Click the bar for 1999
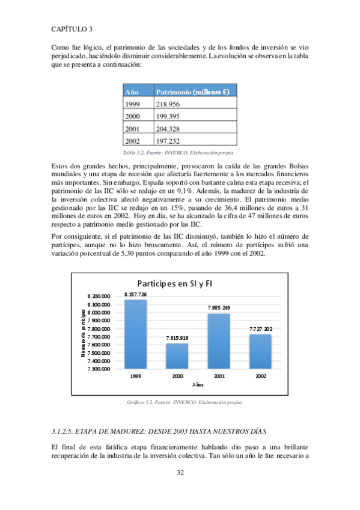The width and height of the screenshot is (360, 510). (135, 334)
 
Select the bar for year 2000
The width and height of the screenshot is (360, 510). (177, 356)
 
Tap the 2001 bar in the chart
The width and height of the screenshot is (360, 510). (219, 341)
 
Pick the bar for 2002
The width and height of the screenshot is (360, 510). (260, 352)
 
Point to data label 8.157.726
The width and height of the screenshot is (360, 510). (135, 294)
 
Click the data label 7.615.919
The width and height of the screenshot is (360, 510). (177, 339)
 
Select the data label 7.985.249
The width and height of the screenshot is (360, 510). (219, 308)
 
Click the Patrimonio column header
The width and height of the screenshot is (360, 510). (192, 92)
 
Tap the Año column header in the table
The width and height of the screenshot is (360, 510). (132, 92)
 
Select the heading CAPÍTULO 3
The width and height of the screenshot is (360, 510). (72, 28)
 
